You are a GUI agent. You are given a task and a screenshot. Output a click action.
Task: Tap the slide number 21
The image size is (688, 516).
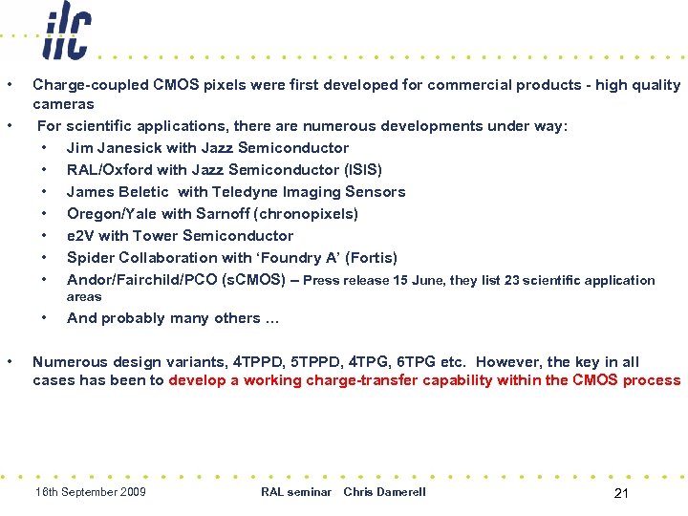[x=620, y=493]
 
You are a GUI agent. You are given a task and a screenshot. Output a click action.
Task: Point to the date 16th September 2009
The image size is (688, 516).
[x=90, y=492]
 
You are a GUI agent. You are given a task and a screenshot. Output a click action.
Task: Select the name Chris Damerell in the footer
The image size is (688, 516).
[x=384, y=492]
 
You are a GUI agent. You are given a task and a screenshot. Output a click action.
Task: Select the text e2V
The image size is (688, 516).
[x=79, y=236]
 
